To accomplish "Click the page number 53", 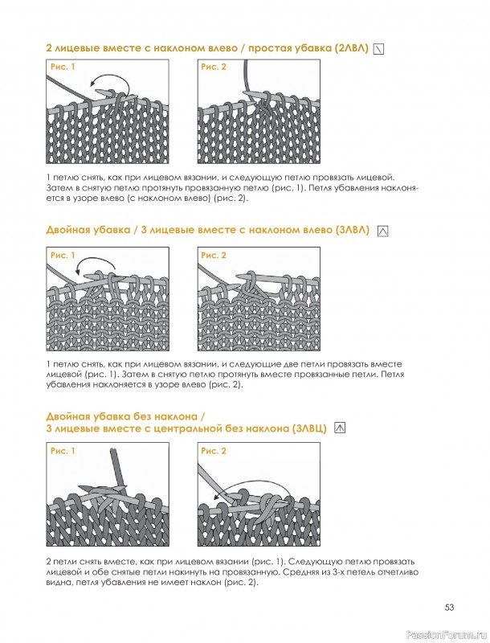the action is pyautogui.click(x=450, y=608).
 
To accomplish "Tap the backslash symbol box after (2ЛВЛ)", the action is pyautogui.click(x=379, y=49).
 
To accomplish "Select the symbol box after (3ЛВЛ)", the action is pyautogui.click(x=382, y=231).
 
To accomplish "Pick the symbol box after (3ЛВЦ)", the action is pyautogui.click(x=340, y=428).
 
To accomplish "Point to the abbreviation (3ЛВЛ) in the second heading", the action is pyautogui.click(x=353, y=230).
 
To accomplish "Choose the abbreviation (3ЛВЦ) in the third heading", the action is pyautogui.click(x=310, y=429).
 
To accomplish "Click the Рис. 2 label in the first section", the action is pyautogui.click(x=214, y=67).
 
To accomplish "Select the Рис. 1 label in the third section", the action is pyautogui.click(x=63, y=451).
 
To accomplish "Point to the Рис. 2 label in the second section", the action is pyautogui.click(x=214, y=256).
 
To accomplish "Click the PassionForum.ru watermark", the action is pyautogui.click(x=453, y=636).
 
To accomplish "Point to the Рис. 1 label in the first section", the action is pyautogui.click(x=63, y=67).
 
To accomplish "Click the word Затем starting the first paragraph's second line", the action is pyautogui.click(x=57, y=188).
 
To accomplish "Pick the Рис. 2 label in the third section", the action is pyautogui.click(x=214, y=451).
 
